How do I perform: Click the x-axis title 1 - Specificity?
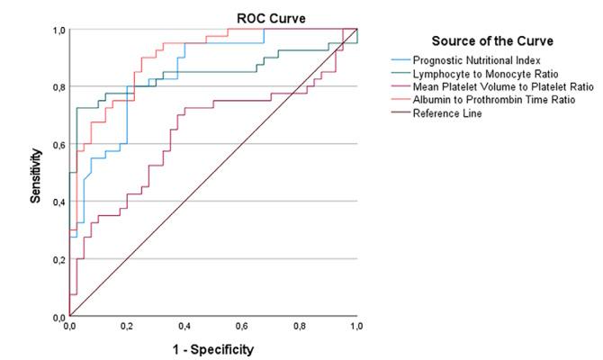click(x=213, y=346)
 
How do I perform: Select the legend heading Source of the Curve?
click(x=491, y=41)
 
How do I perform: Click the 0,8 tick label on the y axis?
click(x=58, y=86)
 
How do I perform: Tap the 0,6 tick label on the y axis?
click(x=58, y=144)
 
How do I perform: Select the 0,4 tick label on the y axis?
click(x=58, y=202)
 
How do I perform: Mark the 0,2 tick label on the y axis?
click(x=58, y=259)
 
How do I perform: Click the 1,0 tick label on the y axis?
click(x=58, y=30)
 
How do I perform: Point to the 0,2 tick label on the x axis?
click(x=127, y=327)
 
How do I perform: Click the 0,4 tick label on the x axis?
click(x=184, y=327)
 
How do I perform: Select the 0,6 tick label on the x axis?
click(x=242, y=327)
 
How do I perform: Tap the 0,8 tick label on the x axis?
click(x=300, y=327)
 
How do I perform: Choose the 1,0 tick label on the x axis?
click(x=356, y=327)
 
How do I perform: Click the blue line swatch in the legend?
click(x=396, y=59)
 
